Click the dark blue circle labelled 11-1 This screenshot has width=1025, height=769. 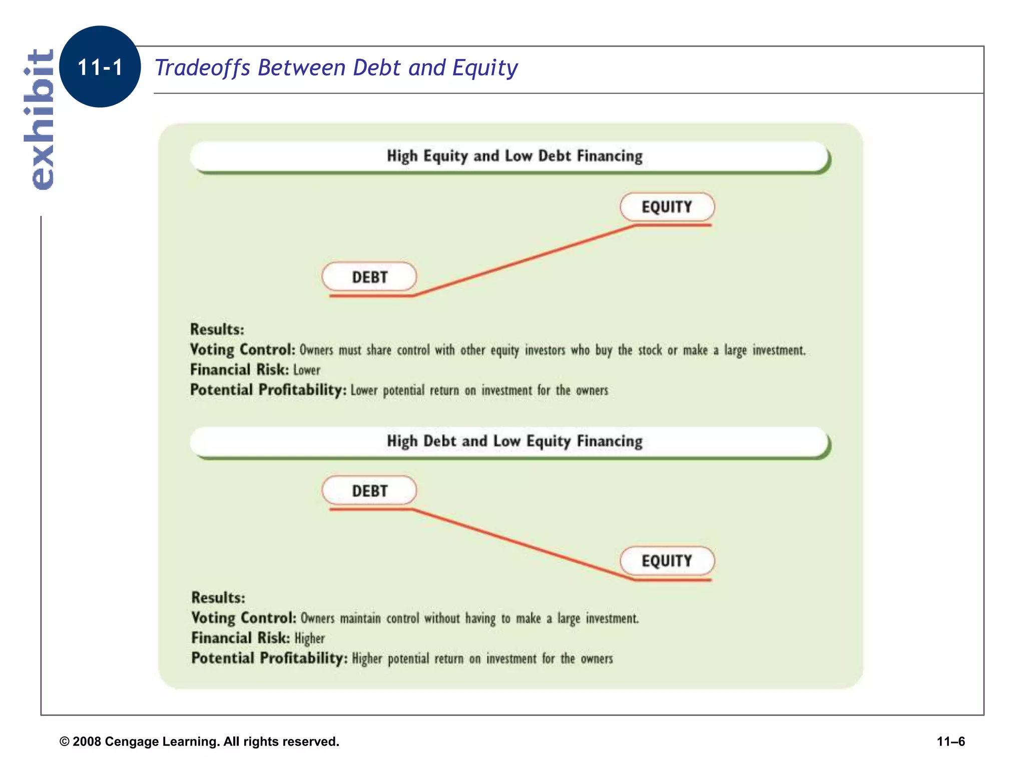click(100, 67)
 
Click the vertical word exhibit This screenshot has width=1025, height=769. click(40, 119)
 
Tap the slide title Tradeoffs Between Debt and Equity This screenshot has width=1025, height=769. click(336, 68)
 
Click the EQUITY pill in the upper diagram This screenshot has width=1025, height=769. click(667, 207)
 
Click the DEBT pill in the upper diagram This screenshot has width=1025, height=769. click(369, 277)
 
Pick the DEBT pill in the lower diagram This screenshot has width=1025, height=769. click(369, 491)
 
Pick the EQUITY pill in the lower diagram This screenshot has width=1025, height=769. click(667, 561)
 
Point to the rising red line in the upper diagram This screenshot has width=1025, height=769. click(523, 260)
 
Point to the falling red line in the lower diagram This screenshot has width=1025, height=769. click(523, 545)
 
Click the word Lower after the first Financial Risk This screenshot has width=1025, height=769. click(307, 370)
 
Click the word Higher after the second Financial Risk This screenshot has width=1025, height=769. click(310, 638)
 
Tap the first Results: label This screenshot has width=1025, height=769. click(217, 329)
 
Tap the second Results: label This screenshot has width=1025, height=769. click(218, 598)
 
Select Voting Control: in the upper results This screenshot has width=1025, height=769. click(243, 349)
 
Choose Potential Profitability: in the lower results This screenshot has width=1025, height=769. click(269, 658)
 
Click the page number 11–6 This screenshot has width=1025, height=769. click(950, 741)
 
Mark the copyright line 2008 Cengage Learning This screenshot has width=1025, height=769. click(199, 741)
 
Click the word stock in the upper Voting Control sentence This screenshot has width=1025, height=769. click(650, 350)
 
